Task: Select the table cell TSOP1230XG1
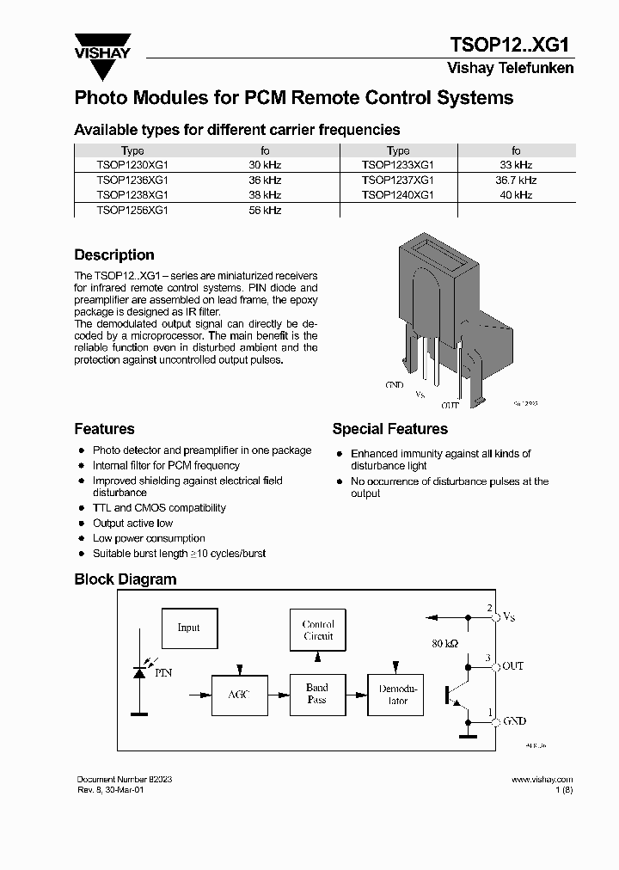coord(132,164)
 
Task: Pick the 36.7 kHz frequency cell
coord(516,180)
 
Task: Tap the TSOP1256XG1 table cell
coord(132,210)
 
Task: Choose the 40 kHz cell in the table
coord(516,195)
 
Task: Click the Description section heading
coord(114,255)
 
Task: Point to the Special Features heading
coord(389,429)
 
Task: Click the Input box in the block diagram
coord(188,628)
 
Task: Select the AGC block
coord(238,694)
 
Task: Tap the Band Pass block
coord(317,694)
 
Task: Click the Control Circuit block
coord(317,630)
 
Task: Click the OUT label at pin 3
coord(512,666)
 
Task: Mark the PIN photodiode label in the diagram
coord(163,673)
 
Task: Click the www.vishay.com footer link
coord(542,779)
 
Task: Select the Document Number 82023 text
coord(124,779)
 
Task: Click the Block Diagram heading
coord(126,579)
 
